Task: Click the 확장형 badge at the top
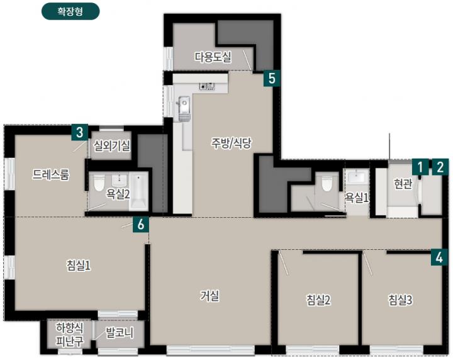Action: click(70, 11)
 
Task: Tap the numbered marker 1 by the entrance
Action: click(420, 167)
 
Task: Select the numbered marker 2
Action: click(440, 167)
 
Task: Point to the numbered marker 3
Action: click(79, 132)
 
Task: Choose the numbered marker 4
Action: click(439, 257)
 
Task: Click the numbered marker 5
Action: click(272, 78)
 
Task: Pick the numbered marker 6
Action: click(141, 225)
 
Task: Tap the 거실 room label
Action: click(210, 296)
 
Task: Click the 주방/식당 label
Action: click(232, 143)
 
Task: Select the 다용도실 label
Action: click(213, 57)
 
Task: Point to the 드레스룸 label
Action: click(51, 174)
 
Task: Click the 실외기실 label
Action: click(111, 146)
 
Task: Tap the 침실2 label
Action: click(318, 300)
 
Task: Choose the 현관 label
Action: click(403, 184)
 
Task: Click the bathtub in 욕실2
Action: click(139, 191)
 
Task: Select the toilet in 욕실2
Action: click(99, 183)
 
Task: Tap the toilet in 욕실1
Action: click(327, 183)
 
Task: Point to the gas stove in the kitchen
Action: click(207, 86)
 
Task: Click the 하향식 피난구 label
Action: click(70, 335)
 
